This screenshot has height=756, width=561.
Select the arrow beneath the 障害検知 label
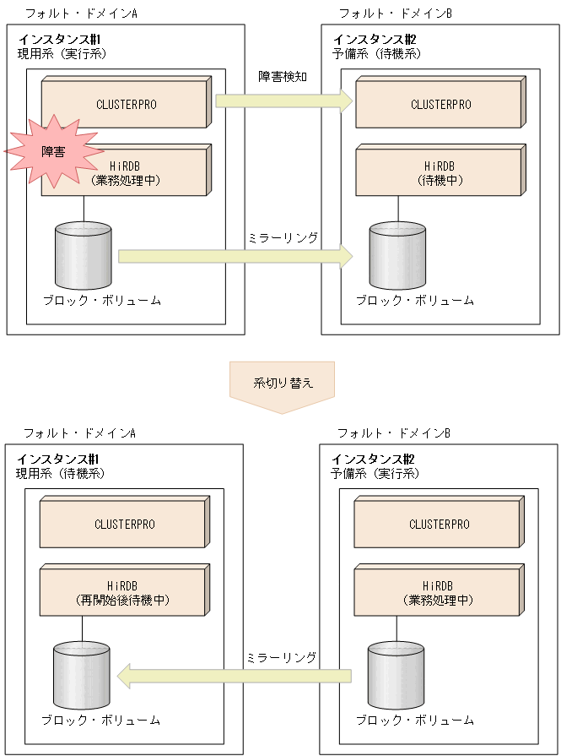coord(283,101)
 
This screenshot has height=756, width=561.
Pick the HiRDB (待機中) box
coord(439,172)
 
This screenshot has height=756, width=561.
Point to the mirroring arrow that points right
coord(235,256)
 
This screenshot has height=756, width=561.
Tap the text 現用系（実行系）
coord(62,54)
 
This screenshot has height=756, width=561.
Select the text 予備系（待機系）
coord(376,54)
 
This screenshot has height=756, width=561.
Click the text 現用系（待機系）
coord(60,473)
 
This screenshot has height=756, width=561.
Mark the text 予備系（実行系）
coord(375,473)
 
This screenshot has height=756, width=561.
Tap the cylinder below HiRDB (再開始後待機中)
coord(81,676)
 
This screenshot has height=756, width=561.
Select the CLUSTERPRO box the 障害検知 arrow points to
coord(439,105)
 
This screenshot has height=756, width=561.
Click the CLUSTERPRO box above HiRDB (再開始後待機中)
coord(123,525)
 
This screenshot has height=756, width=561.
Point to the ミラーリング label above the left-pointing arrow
coord(283,656)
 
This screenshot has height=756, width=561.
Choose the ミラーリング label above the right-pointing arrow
coord(283,238)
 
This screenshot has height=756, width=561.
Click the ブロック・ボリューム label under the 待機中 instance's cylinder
coord(414,301)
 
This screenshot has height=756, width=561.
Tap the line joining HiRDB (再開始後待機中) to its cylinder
coord(82,630)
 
